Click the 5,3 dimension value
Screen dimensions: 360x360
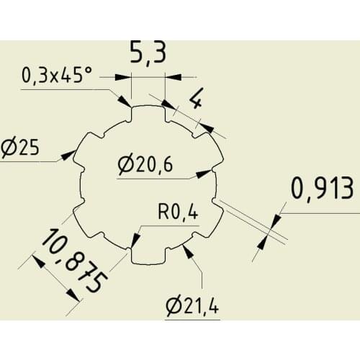tap(148, 55)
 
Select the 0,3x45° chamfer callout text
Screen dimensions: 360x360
tap(58, 74)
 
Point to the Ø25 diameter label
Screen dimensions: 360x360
tap(19, 149)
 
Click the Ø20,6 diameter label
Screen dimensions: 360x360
tap(145, 165)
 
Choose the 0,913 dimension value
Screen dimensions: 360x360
tap(323, 188)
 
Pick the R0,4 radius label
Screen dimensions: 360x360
tap(177, 212)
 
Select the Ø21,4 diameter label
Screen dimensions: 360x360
tap(191, 306)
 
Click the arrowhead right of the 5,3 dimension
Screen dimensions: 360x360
tap(173, 75)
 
